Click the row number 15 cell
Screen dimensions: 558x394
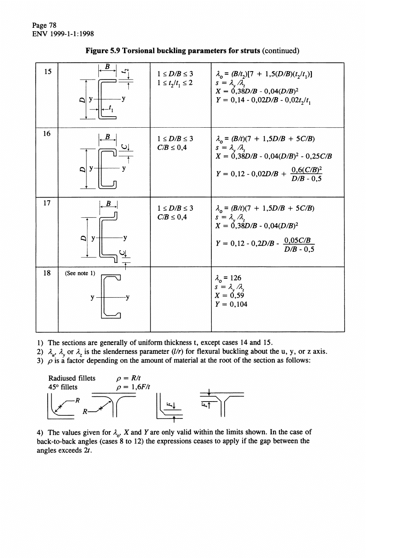[x=46, y=72]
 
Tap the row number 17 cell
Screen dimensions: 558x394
[x=46, y=205]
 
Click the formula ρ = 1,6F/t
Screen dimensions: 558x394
[x=129, y=387]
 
